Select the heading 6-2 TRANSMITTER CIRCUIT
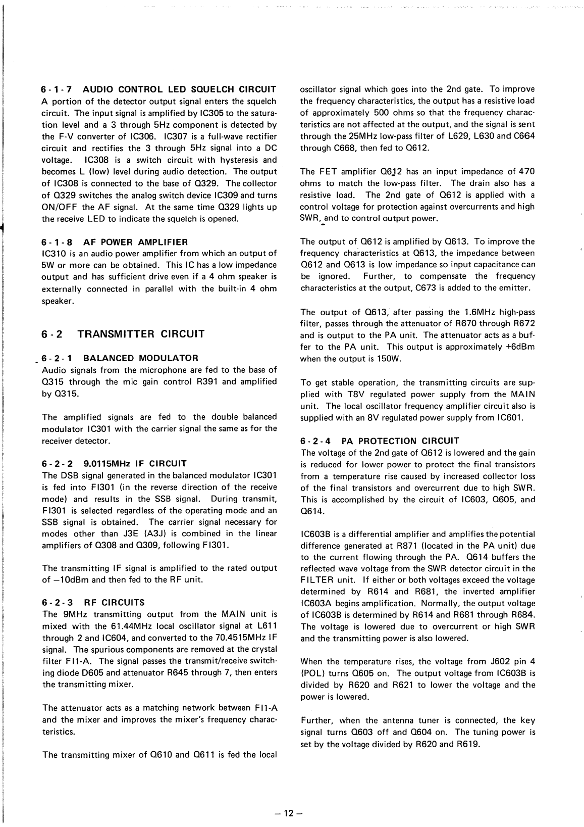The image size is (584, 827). [x=123, y=334]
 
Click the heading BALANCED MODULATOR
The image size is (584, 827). [x=140, y=358]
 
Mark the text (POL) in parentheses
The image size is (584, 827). [x=311, y=673]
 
